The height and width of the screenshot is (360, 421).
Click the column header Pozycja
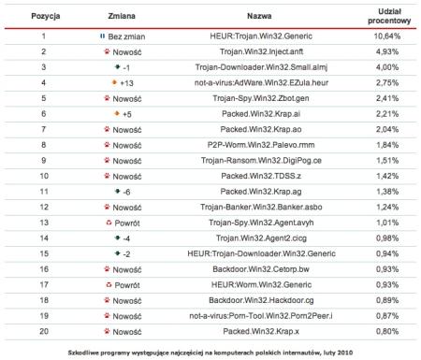[x=42, y=18]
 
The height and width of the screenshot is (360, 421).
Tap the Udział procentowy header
[x=385, y=18]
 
